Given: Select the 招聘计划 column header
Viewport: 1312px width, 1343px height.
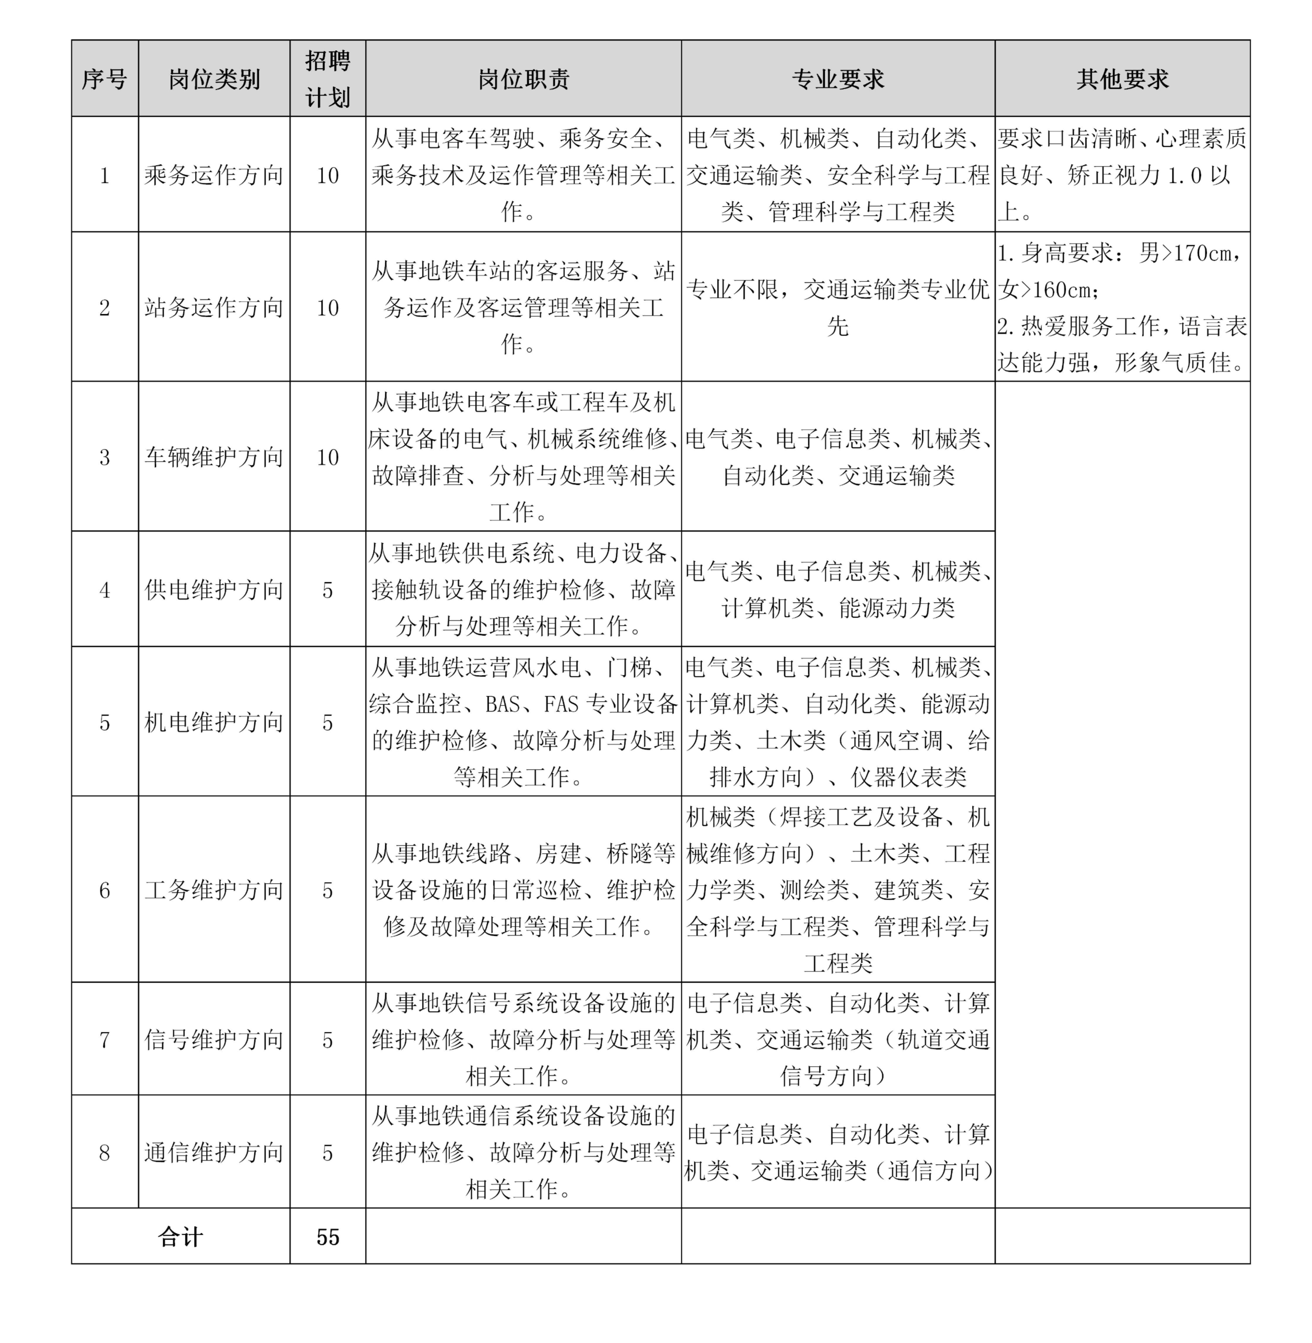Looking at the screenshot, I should [327, 79].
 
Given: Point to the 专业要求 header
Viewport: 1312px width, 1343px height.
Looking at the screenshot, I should [837, 79].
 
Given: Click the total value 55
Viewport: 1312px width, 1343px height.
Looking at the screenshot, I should [327, 1237].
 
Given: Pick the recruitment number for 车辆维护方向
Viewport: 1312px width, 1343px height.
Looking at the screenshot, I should [327, 457].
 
